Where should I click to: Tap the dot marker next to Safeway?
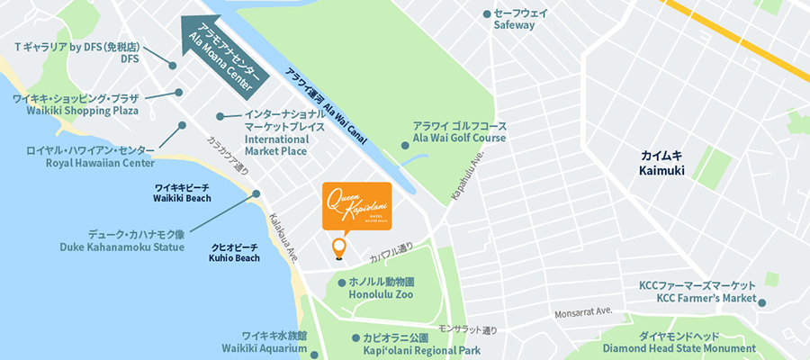487,13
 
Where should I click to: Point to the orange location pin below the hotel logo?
338,247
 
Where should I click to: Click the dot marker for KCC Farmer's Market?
761,303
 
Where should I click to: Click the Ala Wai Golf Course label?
460,132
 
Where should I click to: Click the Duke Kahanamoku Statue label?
121,239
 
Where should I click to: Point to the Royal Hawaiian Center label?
97,157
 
